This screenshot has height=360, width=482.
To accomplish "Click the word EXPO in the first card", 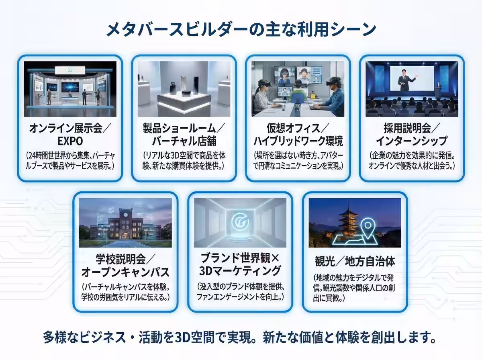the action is coord(70,141).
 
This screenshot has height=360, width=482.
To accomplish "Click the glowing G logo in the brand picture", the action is coord(240,222).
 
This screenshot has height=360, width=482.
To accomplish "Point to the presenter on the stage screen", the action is coord(406,80).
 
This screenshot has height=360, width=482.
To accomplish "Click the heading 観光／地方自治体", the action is coord(355,262).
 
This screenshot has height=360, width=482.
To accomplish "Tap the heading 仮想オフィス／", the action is coord(298,128).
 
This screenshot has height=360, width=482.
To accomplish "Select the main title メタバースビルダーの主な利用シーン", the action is coord(241,29).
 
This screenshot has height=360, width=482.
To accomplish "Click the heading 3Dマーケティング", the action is coord(240,271).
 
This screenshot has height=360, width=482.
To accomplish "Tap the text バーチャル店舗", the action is coord(184,141).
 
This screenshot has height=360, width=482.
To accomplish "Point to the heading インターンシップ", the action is coord(412,141).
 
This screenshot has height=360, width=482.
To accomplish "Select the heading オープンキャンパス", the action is coord(125,272).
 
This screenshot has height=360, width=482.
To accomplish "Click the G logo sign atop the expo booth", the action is coord(70,70).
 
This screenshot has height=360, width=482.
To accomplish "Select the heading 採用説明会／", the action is coord(412,128).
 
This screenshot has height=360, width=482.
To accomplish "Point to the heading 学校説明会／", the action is coord(125,260).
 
